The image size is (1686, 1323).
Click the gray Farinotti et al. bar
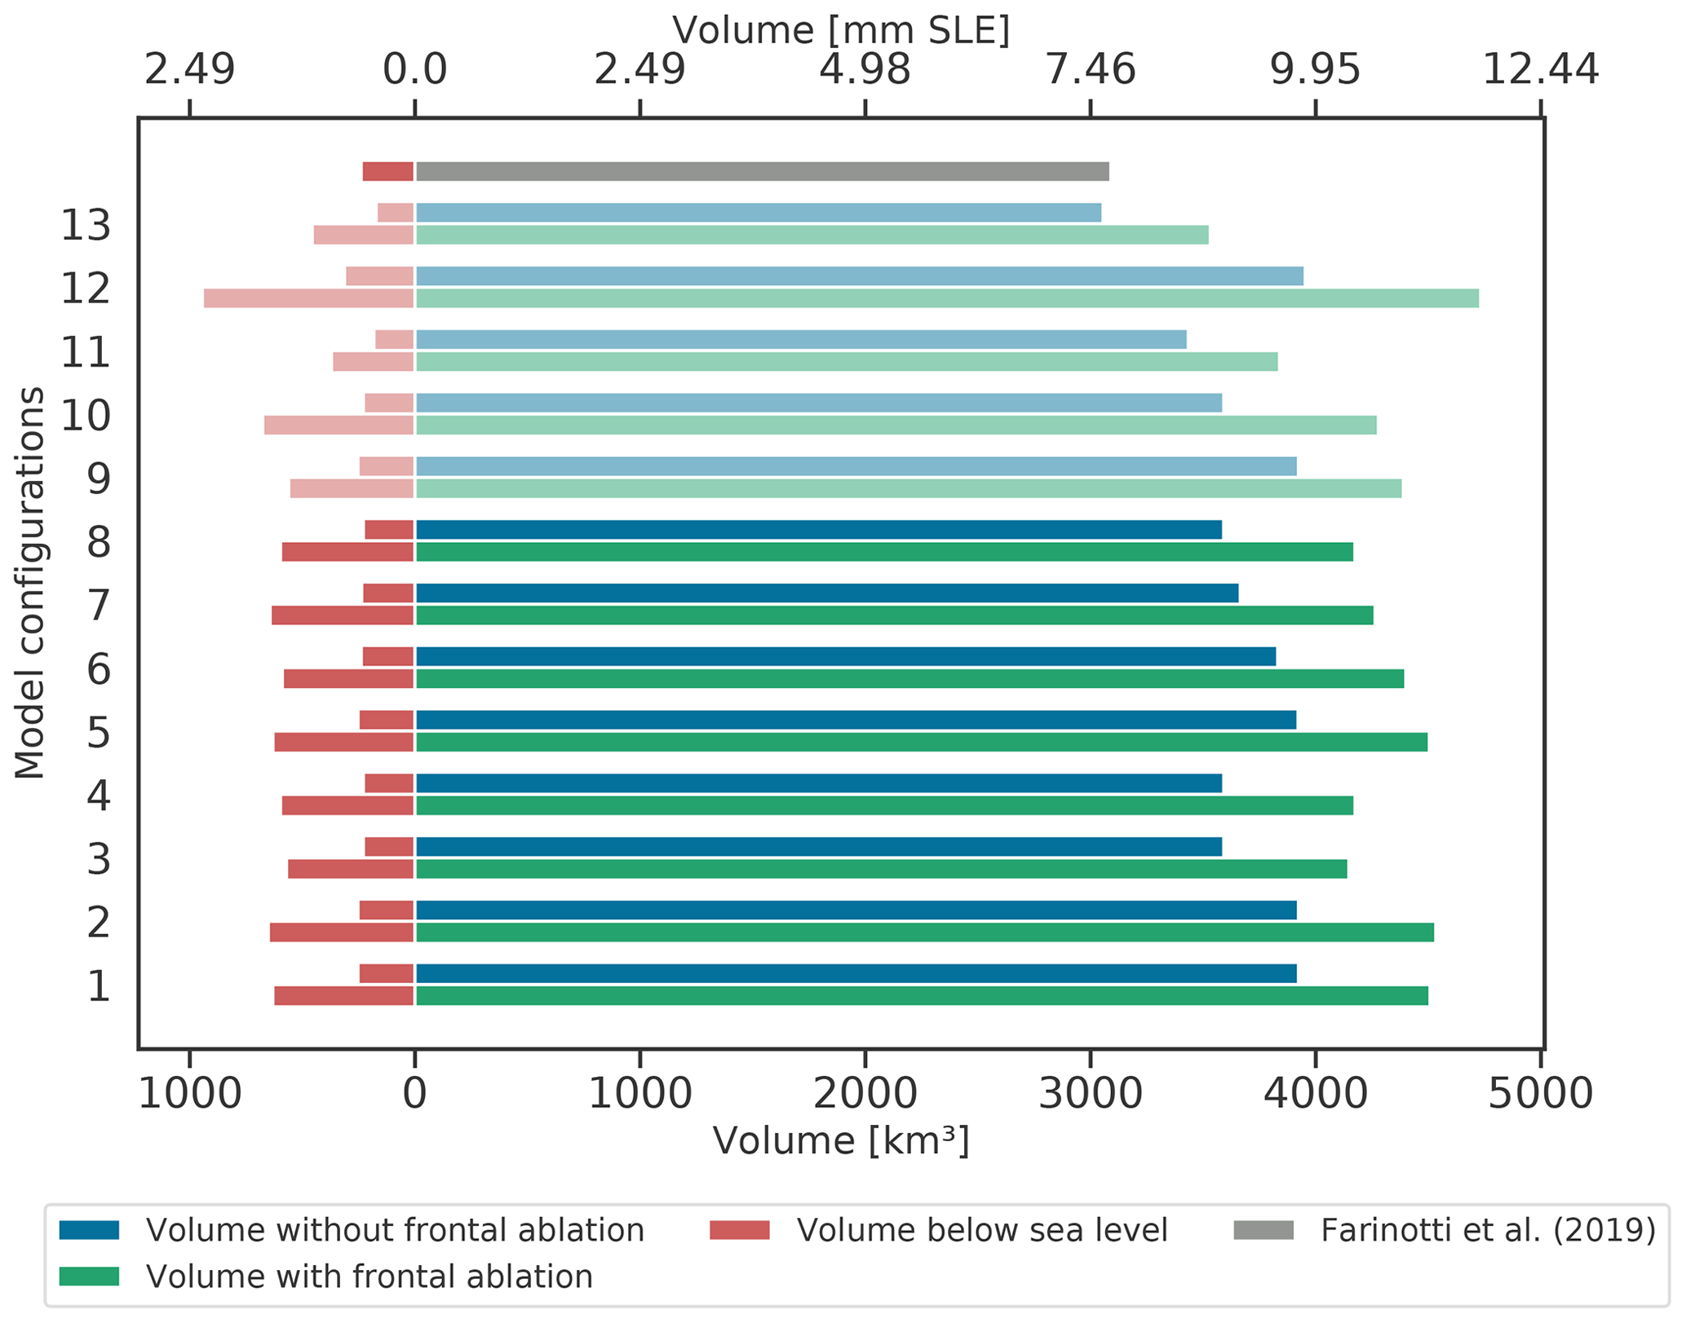tap(762, 171)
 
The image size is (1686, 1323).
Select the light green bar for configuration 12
tap(946, 298)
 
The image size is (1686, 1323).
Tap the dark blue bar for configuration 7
tap(826, 593)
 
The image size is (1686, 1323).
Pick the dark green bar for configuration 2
tap(924, 933)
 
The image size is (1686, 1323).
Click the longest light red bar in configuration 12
tap(308, 298)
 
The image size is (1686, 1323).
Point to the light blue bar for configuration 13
tap(758, 213)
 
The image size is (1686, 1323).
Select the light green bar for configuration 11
tap(846, 362)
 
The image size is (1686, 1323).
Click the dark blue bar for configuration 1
tap(856, 973)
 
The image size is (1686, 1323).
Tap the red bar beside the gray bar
tap(387, 171)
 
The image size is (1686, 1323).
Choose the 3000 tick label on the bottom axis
tap(1090, 1094)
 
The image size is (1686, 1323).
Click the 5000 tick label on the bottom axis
tap(1540, 1094)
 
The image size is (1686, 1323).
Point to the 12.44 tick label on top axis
tap(1540, 70)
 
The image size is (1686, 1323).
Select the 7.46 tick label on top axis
tap(1090, 70)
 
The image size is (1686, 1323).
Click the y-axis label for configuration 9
tap(99, 478)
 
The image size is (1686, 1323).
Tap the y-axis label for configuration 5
tap(99, 733)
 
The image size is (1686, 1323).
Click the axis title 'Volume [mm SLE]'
tap(841, 31)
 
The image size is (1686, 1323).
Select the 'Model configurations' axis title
tap(29, 583)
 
